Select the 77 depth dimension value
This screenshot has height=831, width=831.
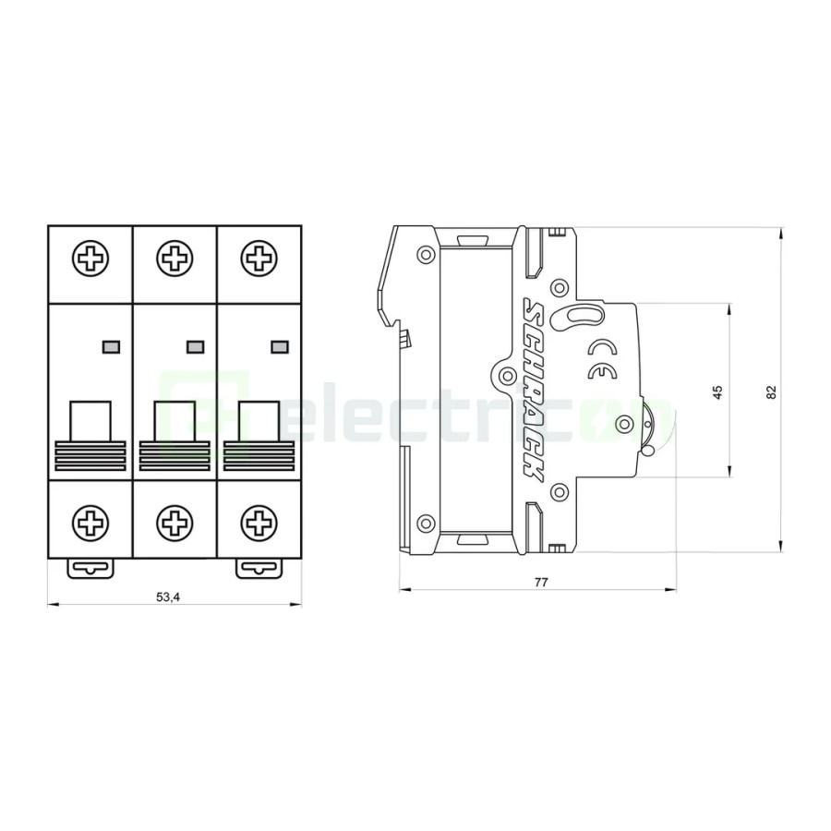click(x=541, y=583)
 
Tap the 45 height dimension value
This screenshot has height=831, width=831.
click(x=717, y=391)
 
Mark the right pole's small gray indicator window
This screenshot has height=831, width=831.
click(x=279, y=346)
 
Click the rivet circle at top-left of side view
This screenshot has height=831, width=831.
click(x=425, y=255)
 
